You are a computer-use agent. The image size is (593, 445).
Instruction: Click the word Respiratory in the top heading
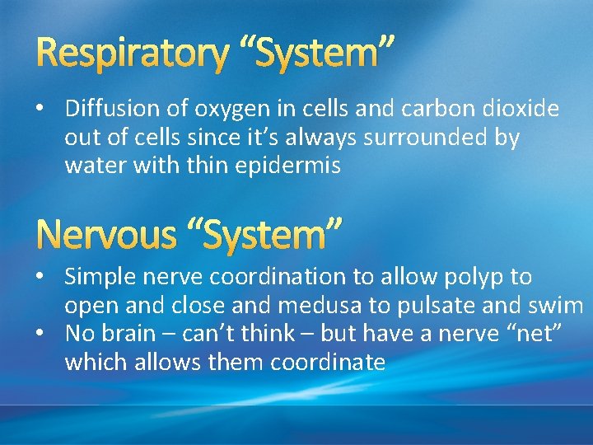pyautogui.click(x=132, y=54)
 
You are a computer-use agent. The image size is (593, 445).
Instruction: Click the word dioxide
pyautogui.click(x=520, y=109)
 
